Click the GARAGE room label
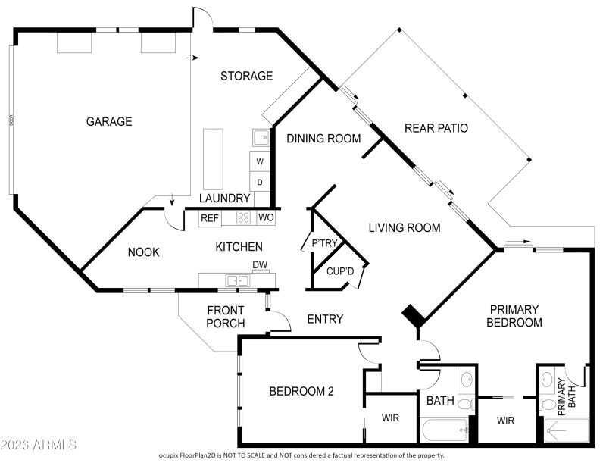(x=109, y=121)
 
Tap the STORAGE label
(x=246, y=76)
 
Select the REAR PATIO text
(x=436, y=128)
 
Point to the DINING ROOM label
(x=323, y=138)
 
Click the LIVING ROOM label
(x=404, y=227)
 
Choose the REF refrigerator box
(x=210, y=218)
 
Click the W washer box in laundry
(x=260, y=161)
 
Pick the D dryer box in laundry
(x=260, y=182)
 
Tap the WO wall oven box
(x=265, y=218)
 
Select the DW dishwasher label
(x=260, y=265)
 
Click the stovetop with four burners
(x=244, y=218)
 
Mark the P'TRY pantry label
(x=324, y=243)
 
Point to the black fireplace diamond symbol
(x=414, y=314)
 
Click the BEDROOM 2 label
(x=302, y=391)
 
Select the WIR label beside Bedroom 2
(x=390, y=418)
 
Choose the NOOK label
(x=143, y=252)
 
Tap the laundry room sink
(x=261, y=138)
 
